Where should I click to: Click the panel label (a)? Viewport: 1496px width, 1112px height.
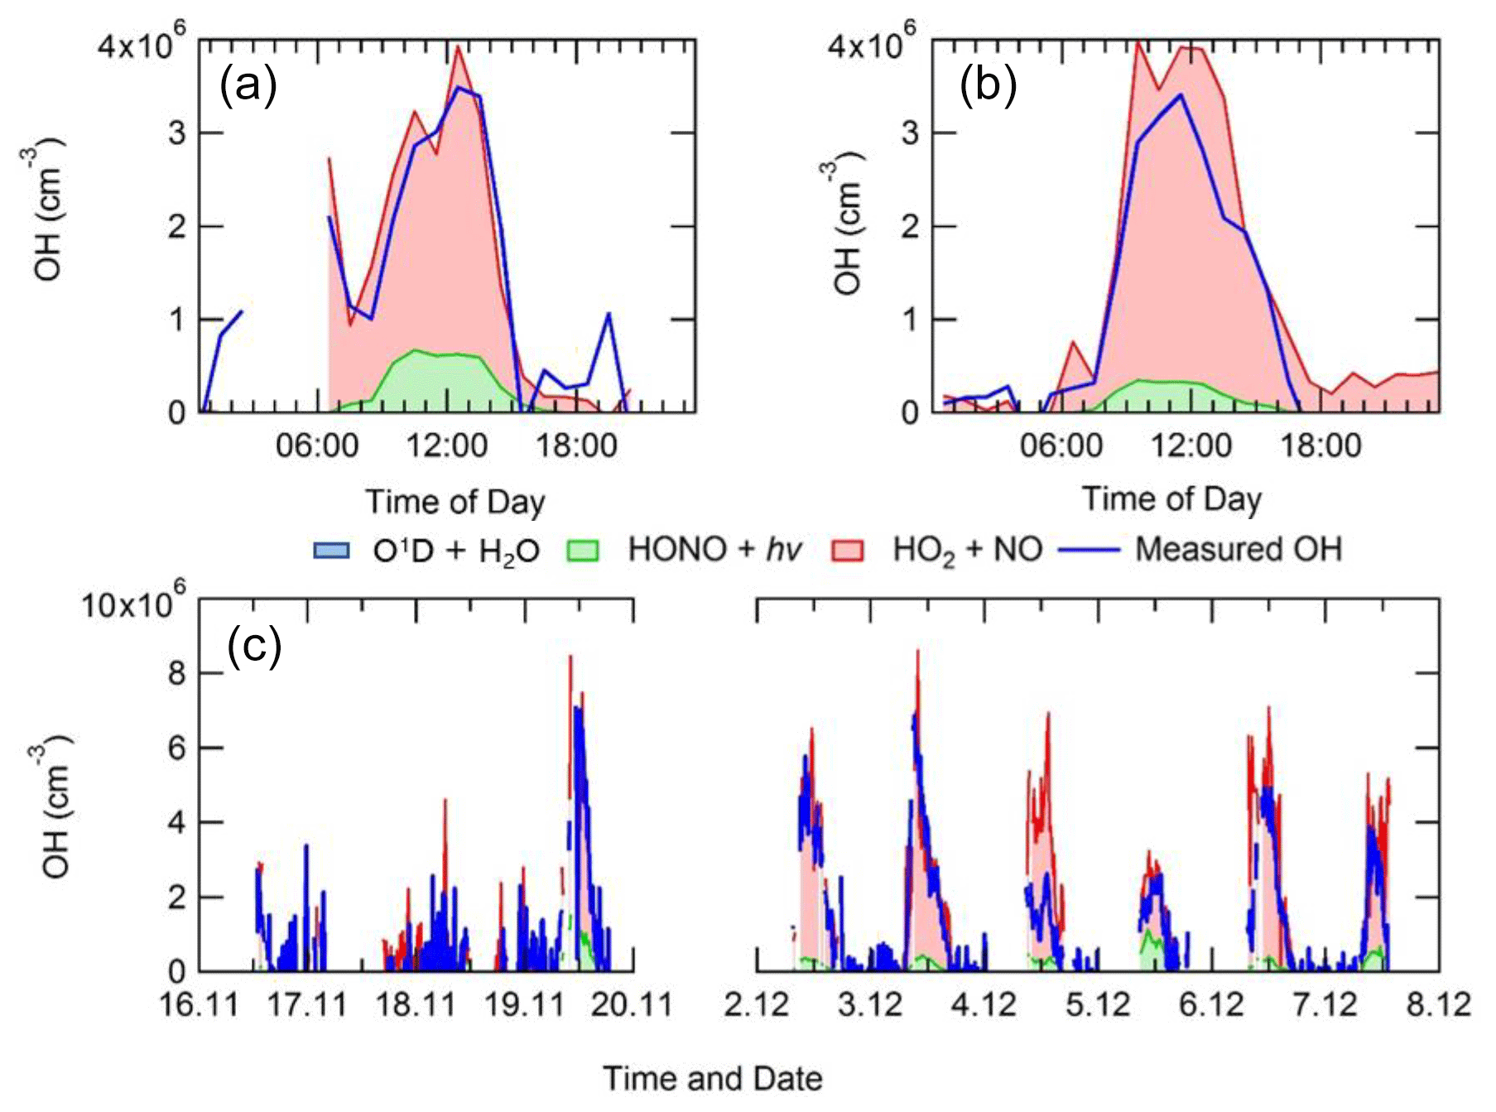pos(248,84)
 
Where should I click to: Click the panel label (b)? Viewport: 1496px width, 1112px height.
pos(988,84)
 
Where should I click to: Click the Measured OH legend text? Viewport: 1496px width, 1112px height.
pos(1238,550)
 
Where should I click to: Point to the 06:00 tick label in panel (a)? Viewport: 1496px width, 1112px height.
pos(317,446)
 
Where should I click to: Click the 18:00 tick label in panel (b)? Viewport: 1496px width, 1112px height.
pos(1320,446)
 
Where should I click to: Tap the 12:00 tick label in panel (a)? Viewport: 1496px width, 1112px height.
pos(446,446)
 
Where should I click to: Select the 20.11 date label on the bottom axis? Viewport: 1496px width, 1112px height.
pos(633,1004)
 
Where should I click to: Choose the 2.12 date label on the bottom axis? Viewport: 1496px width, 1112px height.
pos(757,1004)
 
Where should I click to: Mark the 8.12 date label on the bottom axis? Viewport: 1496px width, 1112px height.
pos(1439,1004)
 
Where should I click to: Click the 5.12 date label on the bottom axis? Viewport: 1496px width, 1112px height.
pos(1098,1004)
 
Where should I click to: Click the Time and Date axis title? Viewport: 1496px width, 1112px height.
pos(712,1078)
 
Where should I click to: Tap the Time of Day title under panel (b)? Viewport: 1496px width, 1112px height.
pos(1171,499)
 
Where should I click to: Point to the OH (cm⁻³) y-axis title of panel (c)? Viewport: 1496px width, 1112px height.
pos(56,805)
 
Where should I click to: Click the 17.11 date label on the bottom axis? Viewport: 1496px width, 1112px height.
pos(308,1004)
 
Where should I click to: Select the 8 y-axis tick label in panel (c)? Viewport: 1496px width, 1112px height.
pos(176,673)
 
